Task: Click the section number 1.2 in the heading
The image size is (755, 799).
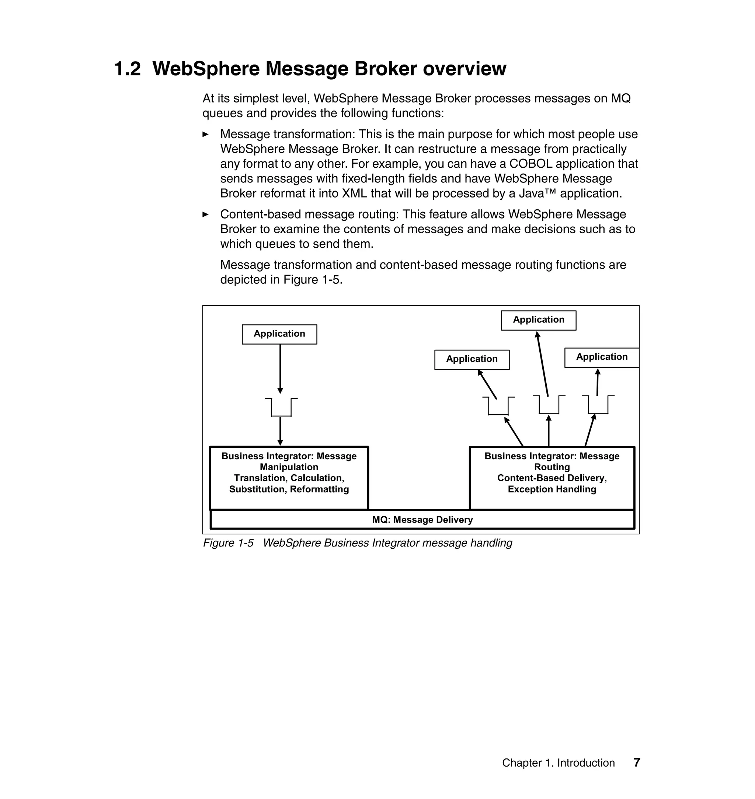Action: point(128,69)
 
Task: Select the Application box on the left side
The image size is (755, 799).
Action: point(279,334)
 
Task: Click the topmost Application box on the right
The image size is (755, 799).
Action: point(539,320)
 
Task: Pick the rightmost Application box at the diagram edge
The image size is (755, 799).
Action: point(602,357)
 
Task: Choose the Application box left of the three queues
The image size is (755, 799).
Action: point(472,359)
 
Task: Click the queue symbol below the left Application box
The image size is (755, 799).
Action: point(281,407)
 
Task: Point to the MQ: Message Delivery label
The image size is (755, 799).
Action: point(422,519)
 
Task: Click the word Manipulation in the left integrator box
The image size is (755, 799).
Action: point(289,467)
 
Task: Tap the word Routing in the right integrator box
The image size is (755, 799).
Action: point(552,467)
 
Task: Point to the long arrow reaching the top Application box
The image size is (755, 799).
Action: point(543,364)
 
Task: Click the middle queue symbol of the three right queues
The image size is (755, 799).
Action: point(549,405)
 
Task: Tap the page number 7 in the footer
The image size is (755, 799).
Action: point(637,763)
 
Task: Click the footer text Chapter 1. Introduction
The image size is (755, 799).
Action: point(558,763)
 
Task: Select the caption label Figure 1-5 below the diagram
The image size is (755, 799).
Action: point(228,543)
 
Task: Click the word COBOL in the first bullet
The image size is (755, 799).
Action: point(532,164)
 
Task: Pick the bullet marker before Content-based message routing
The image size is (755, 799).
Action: point(206,214)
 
